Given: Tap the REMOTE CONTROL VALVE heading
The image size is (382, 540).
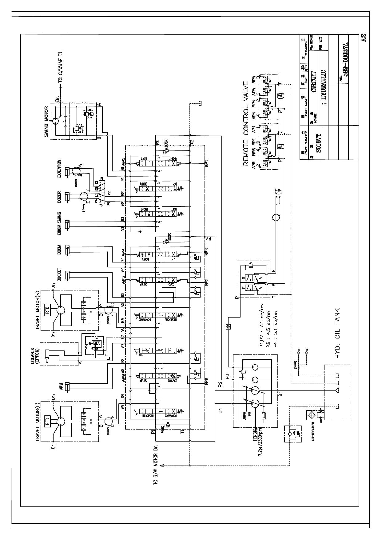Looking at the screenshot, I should pyautogui.click(x=246, y=123).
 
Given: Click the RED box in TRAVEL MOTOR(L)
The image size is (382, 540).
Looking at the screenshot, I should pyautogui.click(x=47, y=420).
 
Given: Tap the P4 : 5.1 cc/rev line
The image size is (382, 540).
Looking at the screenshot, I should pyautogui.click(x=276, y=329).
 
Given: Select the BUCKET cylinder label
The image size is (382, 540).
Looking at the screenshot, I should pyautogui.click(x=59, y=274).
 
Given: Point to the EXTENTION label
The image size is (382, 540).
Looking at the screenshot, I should pyautogui.click(x=59, y=168).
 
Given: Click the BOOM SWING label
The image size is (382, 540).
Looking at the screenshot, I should pyautogui.click(x=59, y=221).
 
